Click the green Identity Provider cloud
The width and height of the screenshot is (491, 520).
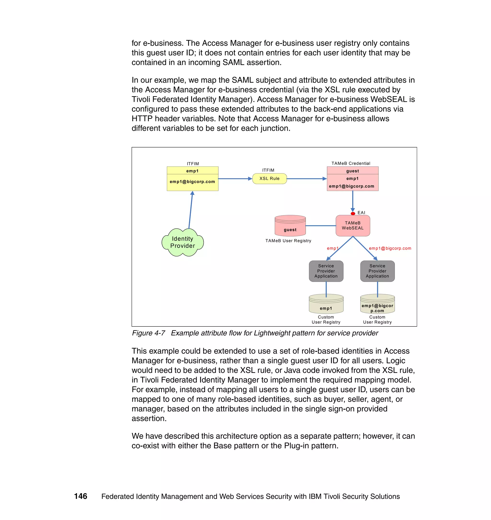182,242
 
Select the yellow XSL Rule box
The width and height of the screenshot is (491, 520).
269,178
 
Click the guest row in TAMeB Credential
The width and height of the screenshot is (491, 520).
352,171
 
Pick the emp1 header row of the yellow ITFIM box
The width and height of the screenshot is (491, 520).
192,171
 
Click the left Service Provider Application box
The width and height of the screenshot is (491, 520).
326,271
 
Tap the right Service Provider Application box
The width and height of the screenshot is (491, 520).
377,271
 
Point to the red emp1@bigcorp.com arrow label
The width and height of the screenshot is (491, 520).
390,248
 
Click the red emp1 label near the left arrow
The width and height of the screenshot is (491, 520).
332,248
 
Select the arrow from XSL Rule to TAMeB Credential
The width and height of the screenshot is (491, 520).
306,178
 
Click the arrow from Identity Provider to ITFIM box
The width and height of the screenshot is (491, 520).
191,209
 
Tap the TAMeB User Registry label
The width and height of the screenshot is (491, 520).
288,241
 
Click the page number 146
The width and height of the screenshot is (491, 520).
81,496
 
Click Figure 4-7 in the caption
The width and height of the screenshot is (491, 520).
148,333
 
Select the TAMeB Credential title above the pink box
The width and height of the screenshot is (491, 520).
351,163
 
